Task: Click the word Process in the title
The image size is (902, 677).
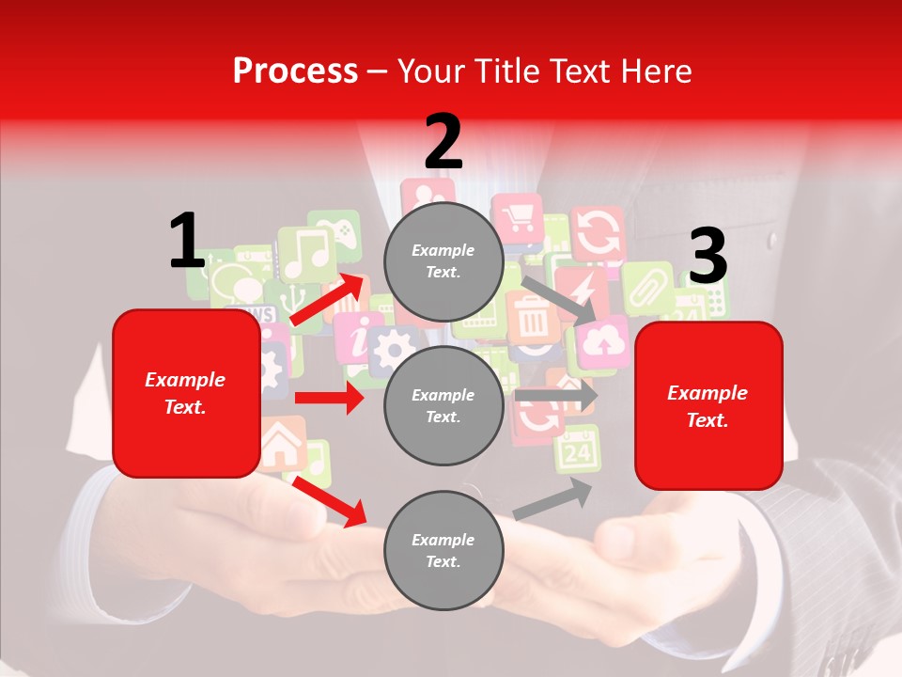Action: [x=295, y=71]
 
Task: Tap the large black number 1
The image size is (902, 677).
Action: [x=187, y=241]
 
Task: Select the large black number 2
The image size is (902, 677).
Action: [x=443, y=141]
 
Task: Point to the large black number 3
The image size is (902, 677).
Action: [x=708, y=256]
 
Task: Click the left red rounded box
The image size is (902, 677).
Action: [x=186, y=393]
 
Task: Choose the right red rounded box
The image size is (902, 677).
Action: [x=708, y=405]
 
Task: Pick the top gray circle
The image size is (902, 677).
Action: [x=443, y=261]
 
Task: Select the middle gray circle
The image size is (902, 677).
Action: [x=443, y=405]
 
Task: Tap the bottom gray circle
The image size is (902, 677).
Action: [x=443, y=550]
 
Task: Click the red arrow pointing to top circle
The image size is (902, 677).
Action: [x=327, y=300]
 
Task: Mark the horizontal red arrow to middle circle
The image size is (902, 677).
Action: [x=329, y=398]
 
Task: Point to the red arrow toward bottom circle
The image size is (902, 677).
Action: [x=329, y=500]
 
